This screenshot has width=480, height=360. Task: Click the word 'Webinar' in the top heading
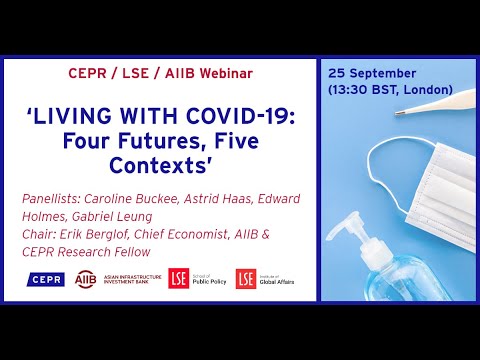[x=222, y=73]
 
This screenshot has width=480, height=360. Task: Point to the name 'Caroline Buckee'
[x=122, y=198]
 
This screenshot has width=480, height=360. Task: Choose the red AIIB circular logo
[x=86, y=278]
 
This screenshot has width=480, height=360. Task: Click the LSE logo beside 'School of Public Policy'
[x=178, y=278]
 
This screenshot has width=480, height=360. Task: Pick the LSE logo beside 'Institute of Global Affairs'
[x=245, y=278]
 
